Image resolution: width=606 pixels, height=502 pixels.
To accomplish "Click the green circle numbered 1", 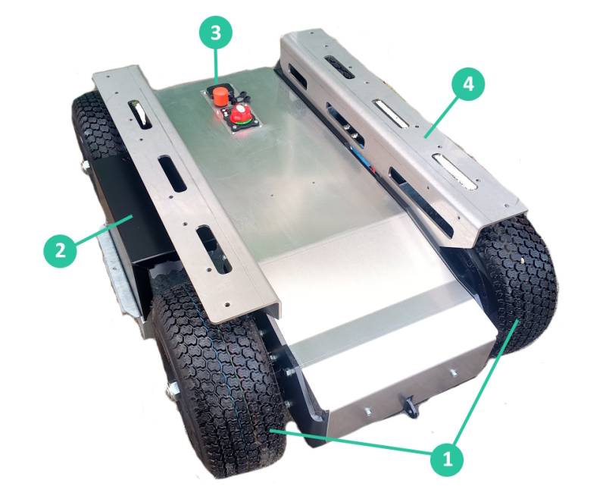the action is pyautogui.click(x=448, y=460).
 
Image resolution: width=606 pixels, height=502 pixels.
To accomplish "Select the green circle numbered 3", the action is pyautogui.click(x=215, y=32).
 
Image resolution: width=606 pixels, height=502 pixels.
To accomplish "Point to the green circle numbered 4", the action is pyautogui.click(x=468, y=84).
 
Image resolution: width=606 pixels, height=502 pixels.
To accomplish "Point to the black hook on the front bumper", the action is pyautogui.click(x=411, y=407).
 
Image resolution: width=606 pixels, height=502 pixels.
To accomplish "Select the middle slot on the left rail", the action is pyautogui.click(x=172, y=174).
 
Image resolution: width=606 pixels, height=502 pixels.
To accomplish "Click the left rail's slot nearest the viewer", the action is pyautogui.click(x=214, y=249).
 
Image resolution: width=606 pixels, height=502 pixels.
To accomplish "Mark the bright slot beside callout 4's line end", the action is pyautogui.click(x=391, y=113).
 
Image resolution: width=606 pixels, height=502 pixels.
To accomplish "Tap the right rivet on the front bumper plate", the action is pyautogui.click(x=453, y=372).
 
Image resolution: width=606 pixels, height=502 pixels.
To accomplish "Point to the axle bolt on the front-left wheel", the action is pyautogui.click(x=171, y=388).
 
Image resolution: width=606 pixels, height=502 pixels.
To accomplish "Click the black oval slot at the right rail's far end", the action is pyautogui.click(x=339, y=66).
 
